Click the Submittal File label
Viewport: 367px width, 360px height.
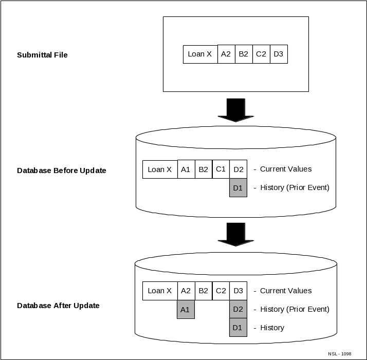pos(42,55)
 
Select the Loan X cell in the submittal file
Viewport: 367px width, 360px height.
pos(200,54)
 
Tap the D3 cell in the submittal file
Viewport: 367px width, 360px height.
pos(279,54)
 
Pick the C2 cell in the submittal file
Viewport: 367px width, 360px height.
pos(261,54)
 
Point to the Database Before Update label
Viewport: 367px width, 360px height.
pos(62,170)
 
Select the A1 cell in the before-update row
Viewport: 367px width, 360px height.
pos(186,169)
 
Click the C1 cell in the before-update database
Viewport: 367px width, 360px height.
pos(221,169)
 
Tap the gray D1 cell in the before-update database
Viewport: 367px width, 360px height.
pos(238,188)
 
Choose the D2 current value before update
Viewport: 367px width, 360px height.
pos(238,169)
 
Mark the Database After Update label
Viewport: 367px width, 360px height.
pos(58,306)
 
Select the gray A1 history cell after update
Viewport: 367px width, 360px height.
pos(186,310)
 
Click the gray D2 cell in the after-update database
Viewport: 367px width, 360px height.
pos(238,309)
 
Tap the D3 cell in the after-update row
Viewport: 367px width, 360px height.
pos(238,291)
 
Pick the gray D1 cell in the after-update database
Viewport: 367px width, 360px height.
pos(238,328)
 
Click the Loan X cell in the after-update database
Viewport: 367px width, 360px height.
pos(160,291)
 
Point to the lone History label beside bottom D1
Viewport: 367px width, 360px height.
pos(272,328)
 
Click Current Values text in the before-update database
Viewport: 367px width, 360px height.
pos(286,169)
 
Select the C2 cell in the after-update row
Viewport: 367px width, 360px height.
pos(221,291)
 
